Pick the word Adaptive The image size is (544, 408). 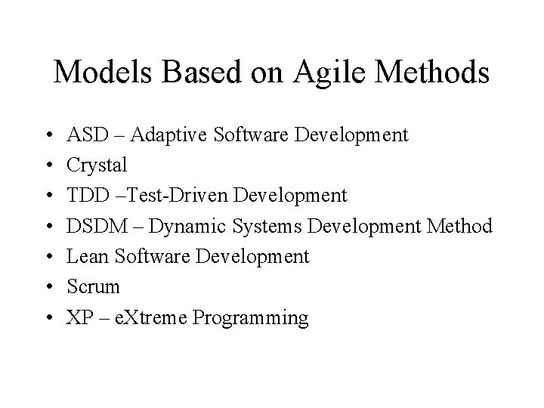click(x=165, y=135)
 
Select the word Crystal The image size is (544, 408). click(x=97, y=165)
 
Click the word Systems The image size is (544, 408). click(x=258, y=227)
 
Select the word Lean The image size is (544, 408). click(x=85, y=257)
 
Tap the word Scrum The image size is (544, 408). click(x=93, y=287)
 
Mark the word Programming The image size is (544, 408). click(x=250, y=318)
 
